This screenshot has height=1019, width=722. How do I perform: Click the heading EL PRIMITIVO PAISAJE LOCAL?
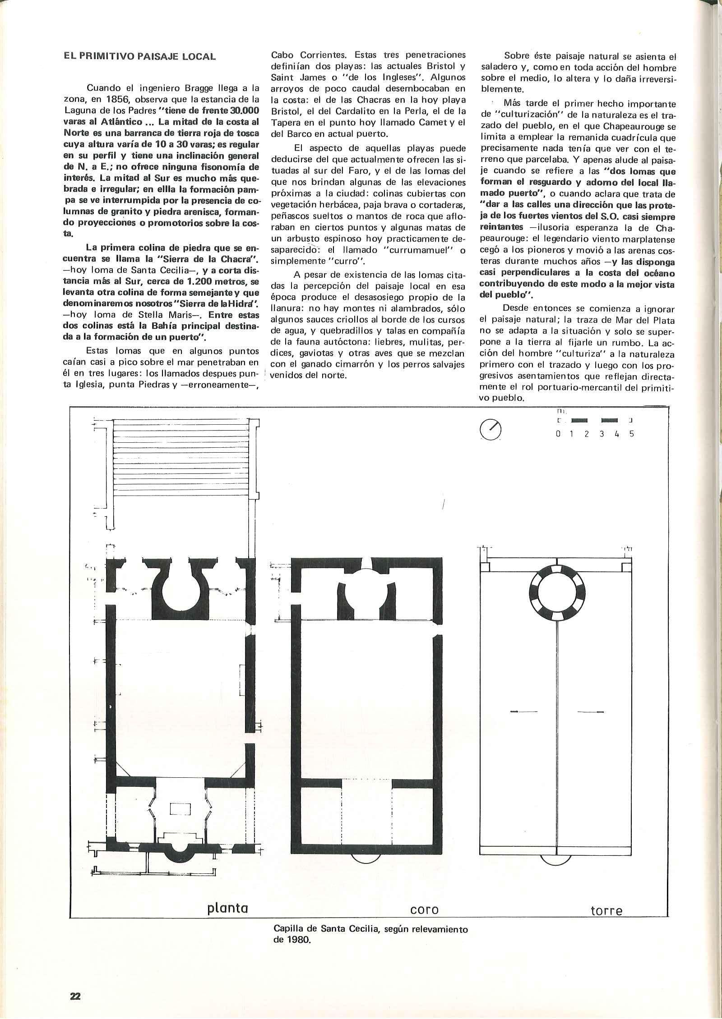[140, 57]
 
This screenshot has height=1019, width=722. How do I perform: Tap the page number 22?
[74, 980]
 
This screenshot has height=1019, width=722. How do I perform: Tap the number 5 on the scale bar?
[632, 434]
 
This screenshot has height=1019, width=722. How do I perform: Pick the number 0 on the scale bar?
[558, 434]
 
